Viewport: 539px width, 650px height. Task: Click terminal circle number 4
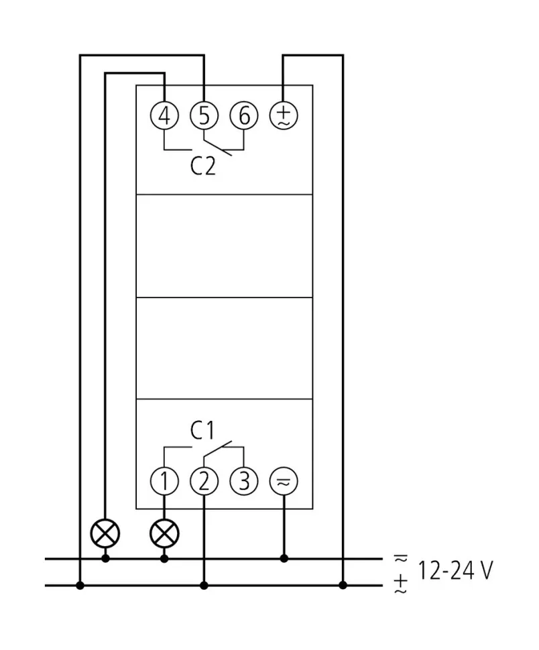pos(164,116)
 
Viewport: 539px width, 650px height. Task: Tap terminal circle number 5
pos(204,116)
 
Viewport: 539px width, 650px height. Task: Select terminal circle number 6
pos(244,116)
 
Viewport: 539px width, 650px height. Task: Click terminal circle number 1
pos(164,480)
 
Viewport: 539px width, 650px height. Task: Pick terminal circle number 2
pos(204,480)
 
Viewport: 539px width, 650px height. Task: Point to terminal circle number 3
pos(244,480)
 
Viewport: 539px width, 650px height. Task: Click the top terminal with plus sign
pos(284,116)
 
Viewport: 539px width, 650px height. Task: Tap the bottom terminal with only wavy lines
pos(284,480)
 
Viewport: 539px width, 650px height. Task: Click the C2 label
pos(203,166)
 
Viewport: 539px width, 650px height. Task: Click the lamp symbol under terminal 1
pos(164,533)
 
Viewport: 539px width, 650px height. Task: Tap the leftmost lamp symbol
pos(105,533)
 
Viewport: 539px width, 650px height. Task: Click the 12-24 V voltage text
pos(456,571)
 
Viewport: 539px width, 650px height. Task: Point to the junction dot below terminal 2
pos(204,586)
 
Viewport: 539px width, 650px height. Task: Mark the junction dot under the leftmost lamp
pos(105,558)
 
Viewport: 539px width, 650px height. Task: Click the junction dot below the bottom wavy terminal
pos(284,558)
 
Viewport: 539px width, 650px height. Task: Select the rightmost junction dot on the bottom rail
pos(343,586)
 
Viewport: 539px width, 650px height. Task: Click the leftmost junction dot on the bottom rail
pos(80,586)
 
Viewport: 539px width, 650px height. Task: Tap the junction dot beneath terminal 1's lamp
pos(164,558)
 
